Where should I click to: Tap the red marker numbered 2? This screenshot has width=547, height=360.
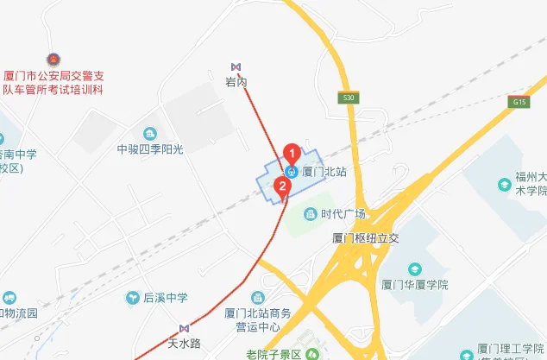tap(281, 186)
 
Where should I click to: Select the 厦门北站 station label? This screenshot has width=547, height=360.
tap(324, 172)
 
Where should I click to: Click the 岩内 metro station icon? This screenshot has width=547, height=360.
tap(236, 67)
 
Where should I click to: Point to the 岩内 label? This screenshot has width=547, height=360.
tap(236, 82)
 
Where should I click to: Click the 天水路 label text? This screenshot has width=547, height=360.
tap(184, 344)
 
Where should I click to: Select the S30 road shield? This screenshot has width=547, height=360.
tap(349, 98)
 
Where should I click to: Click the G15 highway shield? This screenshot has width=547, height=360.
tap(519, 102)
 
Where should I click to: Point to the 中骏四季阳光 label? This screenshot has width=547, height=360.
tap(151, 149)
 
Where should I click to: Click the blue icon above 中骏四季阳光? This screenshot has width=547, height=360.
tap(151, 133)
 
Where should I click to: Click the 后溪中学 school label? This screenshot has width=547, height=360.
tap(166, 298)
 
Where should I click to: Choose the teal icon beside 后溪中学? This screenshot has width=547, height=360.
tap(133, 298)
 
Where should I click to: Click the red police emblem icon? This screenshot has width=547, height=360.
tap(53, 59)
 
